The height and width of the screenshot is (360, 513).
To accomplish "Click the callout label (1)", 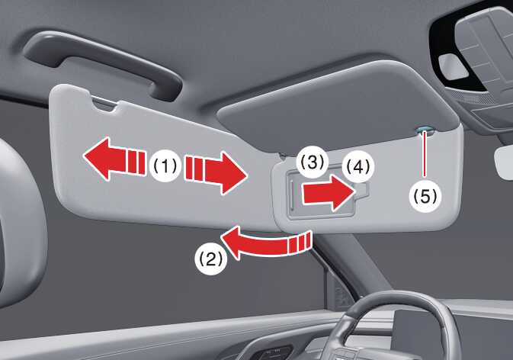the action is pyautogui.click(x=165, y=166).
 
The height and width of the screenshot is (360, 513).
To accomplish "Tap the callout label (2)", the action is pyautogui.click(x=210, y=259).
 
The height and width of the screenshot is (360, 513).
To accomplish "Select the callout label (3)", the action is pyautogui.click(x=312, y=162).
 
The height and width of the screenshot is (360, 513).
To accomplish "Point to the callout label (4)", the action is pyautogui.click(x=359, y=167).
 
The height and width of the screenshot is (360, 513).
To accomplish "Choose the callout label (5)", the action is pyautogui.click(x=425, y=196).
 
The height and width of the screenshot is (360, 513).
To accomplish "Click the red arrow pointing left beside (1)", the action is pyautogui.click(x=114, y=159).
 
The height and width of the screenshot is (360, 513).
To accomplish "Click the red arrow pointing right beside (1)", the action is pyautogui.click(x=216, y=172).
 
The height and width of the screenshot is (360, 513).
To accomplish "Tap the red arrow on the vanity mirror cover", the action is pyautogui.click(x=327, y=193).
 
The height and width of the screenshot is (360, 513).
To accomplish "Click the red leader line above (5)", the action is pyautogui.click(x=425, y=155).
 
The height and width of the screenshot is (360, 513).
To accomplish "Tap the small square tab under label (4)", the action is pyautogui.click(x=363, y=190).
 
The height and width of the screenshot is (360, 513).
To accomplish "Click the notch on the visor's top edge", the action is pyautogui.click(x=104, y=104).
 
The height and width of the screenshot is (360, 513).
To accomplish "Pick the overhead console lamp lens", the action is pyautogui.click(x=453, y=66).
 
